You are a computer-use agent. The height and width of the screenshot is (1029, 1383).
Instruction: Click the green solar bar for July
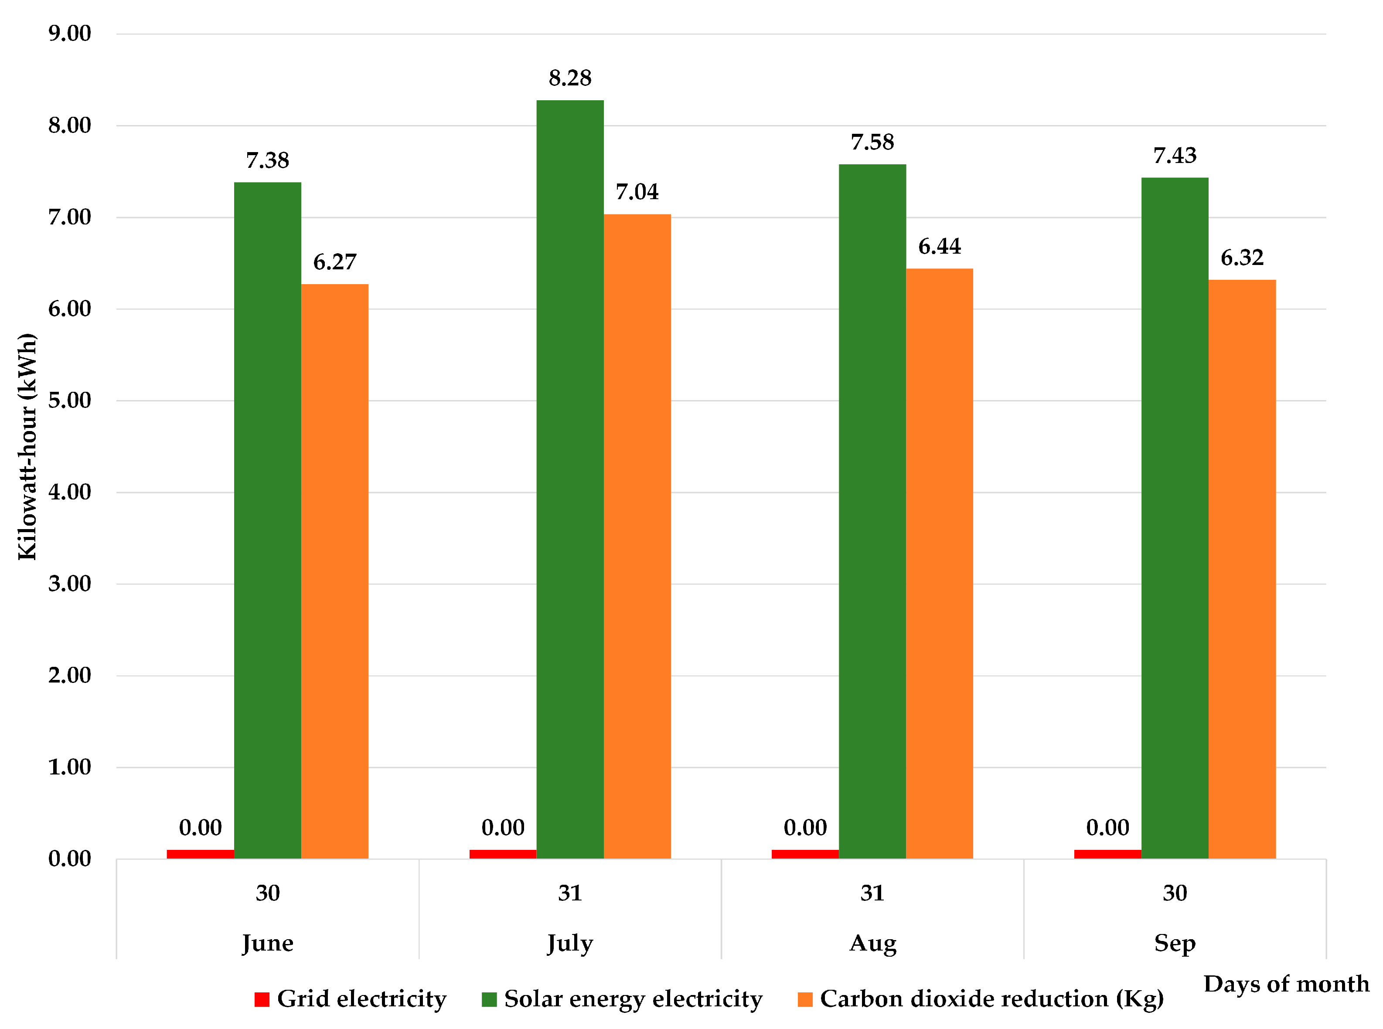point(569,479)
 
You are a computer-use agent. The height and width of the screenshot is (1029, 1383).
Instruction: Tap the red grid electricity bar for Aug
point(804,854)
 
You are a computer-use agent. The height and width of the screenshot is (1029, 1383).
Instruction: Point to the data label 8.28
point(569,78)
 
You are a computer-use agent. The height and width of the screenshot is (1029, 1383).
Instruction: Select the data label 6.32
point(1242,257)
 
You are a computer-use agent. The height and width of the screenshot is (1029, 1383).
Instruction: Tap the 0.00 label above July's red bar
point(502,827)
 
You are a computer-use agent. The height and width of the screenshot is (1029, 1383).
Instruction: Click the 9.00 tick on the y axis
point(69,33)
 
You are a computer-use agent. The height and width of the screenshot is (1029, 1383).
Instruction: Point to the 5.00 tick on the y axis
point(69,400)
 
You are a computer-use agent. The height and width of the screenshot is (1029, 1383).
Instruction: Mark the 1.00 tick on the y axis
point(69,767)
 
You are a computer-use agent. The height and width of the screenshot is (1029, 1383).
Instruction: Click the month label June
point(267,943)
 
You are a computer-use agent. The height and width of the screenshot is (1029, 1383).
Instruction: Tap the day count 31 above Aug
point(872,893)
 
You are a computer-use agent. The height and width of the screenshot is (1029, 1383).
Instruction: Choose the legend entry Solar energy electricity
point(632,999)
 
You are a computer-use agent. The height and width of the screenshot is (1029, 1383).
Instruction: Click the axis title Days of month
point(1286,984)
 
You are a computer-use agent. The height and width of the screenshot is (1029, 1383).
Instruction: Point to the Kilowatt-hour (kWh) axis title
point(27,447)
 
